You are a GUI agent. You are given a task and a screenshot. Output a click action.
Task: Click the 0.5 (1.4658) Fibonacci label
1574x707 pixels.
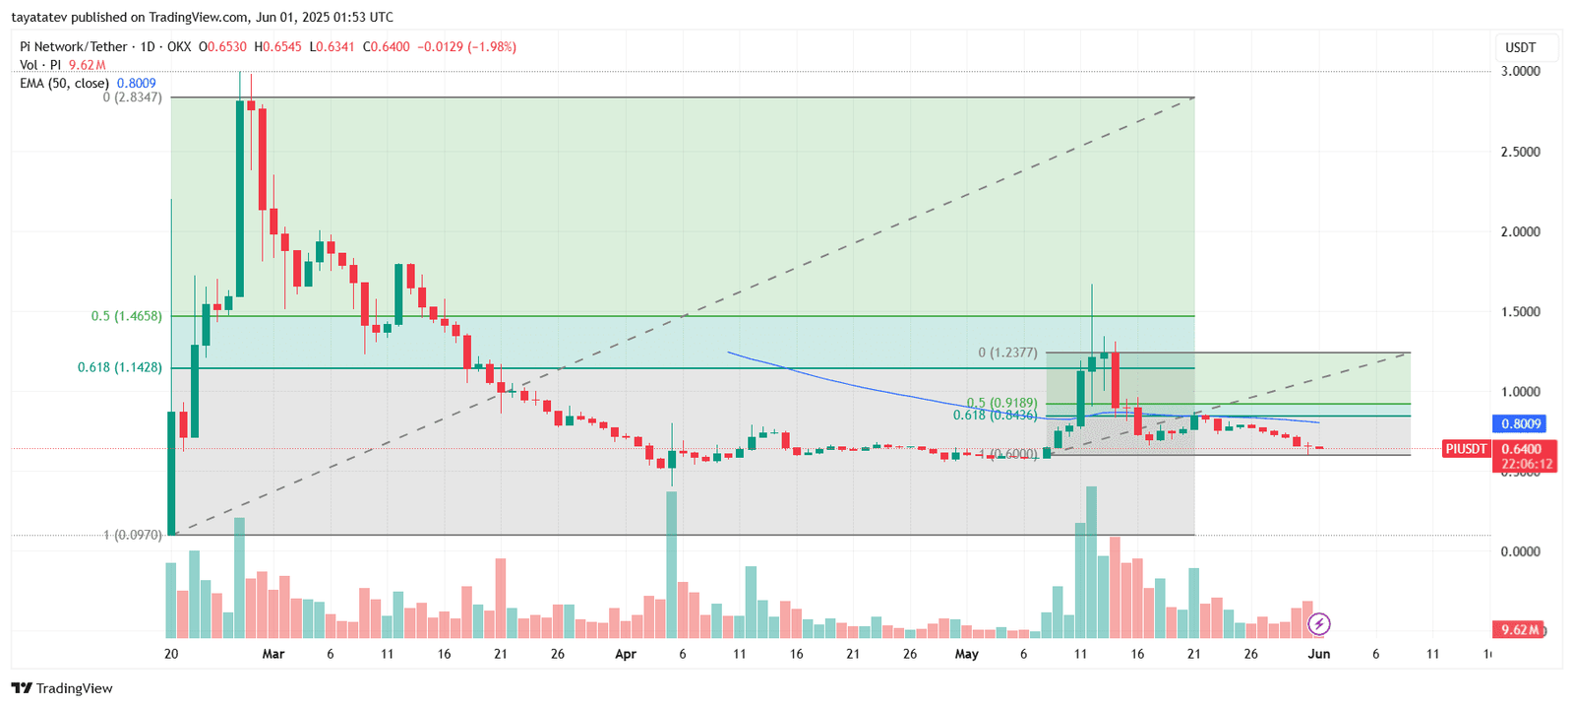pyautogui.click(x=127, y=316)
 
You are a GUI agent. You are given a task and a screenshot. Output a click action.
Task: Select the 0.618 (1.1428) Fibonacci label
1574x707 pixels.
pyautogui.click(x=120, y=367)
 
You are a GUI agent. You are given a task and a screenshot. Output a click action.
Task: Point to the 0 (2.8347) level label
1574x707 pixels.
pyautogui.click(x=132, y=97)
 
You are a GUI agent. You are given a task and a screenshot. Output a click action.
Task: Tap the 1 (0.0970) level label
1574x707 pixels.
pyautogui.click(x=133, y=535)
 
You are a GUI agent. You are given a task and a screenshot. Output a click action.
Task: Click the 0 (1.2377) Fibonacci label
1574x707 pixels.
pyautogui.click(x=1007, y=353)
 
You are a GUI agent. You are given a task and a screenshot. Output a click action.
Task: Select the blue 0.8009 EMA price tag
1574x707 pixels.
pyautogui.click(x=1521, y=424)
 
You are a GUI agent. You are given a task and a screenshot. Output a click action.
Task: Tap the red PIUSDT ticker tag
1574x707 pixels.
pyautogui.click(x=1466, y=449)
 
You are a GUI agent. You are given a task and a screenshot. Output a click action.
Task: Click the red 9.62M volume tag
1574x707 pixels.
pyautogui.click(x=1520, y=629)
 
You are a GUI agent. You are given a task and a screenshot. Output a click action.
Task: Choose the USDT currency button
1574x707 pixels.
pyautogui.click(x=1520, y=47)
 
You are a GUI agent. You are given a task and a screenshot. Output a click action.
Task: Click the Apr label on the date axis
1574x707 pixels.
pyautogui.click(x=625, y=654)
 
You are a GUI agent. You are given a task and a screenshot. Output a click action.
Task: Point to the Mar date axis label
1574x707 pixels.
pyautogui.click(x=273, y=654)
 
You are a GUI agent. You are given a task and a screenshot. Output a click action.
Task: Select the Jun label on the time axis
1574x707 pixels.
pyautogui.click(x=1319, y=654)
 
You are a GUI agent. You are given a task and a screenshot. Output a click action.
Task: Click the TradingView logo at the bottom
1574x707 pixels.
pyautogui.click(x=63, y=688)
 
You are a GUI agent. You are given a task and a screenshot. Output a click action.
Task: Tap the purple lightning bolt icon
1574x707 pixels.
pyautogui.click(x=1319, y=623)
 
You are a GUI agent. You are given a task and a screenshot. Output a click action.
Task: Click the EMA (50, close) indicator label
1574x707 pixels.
pyautogui.click(x=64, y=84)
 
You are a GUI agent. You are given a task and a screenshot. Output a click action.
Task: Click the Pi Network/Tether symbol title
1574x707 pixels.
pyautogui.click(x=75, y=46)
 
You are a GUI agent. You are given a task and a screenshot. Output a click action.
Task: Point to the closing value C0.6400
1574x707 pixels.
pyautogui.click(x=387, y=46)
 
